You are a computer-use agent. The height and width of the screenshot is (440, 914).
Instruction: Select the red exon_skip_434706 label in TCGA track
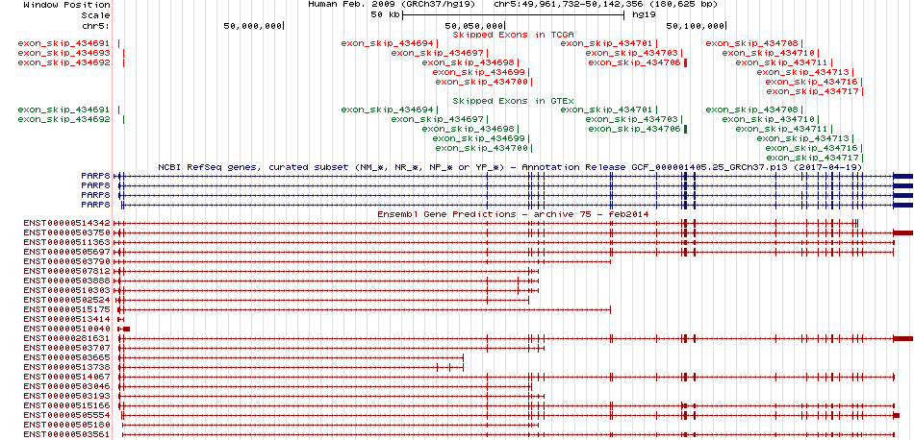tap(634, 62)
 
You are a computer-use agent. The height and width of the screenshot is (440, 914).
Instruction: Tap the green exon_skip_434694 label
tap(388, 110)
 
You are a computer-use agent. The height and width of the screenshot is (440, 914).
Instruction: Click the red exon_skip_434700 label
tap(481, 82)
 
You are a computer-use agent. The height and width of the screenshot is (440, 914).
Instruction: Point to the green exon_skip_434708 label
tap(752, 110)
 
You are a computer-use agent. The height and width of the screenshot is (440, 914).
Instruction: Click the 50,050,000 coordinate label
tap(473, 26)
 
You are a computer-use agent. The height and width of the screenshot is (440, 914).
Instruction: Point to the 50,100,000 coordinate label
tap(696, 26)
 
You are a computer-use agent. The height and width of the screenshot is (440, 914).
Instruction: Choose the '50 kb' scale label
tap(385, 15)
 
